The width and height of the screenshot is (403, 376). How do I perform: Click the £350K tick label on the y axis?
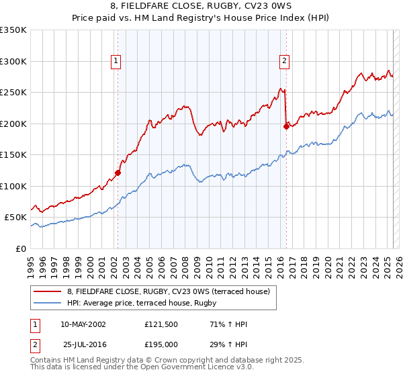(13, 30)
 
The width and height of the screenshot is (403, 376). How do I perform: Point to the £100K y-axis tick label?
(13, 186)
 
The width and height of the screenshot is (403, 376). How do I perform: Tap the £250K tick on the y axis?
(13, 93)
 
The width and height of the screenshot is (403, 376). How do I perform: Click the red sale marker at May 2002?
(118, 173)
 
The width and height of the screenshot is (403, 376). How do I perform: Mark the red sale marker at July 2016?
(286, 126)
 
